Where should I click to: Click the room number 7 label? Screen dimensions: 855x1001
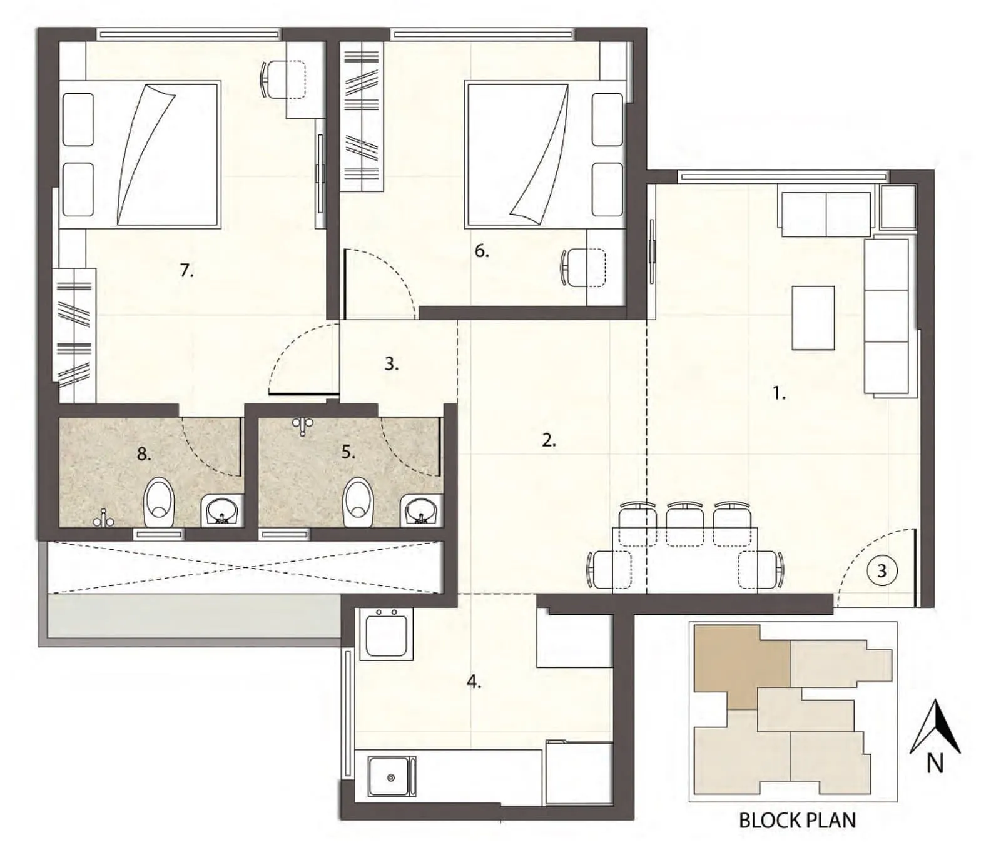click(x=186, y=271)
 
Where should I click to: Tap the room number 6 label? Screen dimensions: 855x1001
click(x=480, y=251)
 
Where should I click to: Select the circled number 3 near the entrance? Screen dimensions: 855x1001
click(x=882, y=570)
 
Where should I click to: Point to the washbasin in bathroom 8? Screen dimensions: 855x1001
click(x=222, y=510)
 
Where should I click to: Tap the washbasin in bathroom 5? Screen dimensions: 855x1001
click(x=421, y=510)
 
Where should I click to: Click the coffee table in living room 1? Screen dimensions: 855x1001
click(x=813, y=318)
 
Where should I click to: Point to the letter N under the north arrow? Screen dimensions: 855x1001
click(x=935, y=764)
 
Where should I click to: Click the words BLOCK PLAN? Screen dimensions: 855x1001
click(x=797, y=821)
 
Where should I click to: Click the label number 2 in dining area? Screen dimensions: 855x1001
click(x=548, y=441)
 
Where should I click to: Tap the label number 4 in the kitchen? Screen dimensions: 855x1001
click(x=474, y=682)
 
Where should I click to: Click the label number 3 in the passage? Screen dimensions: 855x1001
click(x=391, y=364)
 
